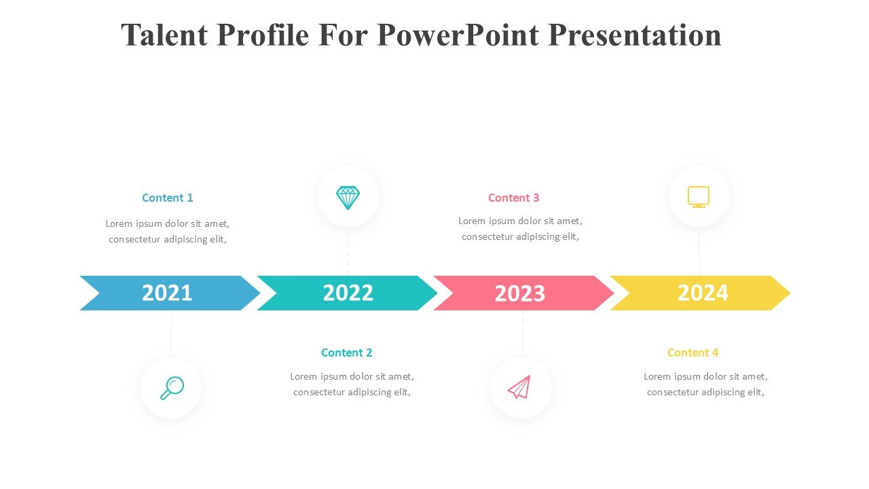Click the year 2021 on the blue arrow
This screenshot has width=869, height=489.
[x=167, y=293]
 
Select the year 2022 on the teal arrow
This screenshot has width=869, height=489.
[x=348, y=293]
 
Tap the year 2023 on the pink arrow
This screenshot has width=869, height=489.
[x=520, y=293]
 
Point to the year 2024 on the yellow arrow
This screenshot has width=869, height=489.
[x=703, y=293]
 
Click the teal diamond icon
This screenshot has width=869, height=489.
[x=348, y=198]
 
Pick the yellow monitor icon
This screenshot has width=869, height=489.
[x=699, y=197]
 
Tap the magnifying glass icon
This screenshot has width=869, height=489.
[x=172, y=388]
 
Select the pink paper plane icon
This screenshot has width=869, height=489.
[x=519, y=387]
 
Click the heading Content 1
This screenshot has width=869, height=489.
[x=167, y=198]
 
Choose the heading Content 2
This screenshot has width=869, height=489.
[x=346, y=352]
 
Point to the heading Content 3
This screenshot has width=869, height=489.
[x=514, y=198]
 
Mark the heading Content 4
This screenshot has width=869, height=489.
[x=693, y=352]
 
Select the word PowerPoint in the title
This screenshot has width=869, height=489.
[x=458, y=35]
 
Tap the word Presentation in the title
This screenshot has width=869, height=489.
[x=635, y=35]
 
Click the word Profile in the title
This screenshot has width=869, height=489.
[x=263, y=35]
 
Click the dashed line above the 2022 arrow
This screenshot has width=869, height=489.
[x=348, y=251]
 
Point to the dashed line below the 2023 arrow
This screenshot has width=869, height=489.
[x=523, y=333]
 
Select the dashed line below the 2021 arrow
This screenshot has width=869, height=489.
[x=171, y=333]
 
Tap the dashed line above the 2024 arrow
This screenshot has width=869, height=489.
[x=699, y=251]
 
